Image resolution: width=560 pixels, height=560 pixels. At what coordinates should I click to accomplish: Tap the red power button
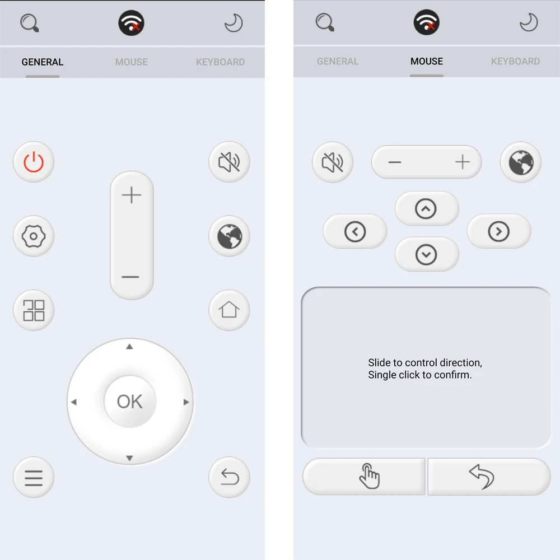34,162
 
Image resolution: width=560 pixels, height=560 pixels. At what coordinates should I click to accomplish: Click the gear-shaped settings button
34,236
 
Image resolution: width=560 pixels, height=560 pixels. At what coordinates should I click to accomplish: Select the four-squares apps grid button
34,310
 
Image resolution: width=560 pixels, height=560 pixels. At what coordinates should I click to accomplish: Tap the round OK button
130,401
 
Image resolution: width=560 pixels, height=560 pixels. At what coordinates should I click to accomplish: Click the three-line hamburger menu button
34,478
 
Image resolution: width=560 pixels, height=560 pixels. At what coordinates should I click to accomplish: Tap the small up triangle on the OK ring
129,347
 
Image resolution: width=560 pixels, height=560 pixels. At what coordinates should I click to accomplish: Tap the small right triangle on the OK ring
186,402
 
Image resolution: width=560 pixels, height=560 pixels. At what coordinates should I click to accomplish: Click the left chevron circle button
355,231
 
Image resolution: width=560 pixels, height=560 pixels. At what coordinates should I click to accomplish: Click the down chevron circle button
426,255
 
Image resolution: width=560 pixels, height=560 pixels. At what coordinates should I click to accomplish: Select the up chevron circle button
426,209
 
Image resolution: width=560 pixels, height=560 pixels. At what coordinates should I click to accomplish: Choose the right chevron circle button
498,231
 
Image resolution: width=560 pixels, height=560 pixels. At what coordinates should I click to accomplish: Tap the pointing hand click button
368,477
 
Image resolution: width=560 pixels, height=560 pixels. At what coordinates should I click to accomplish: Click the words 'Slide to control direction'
425,362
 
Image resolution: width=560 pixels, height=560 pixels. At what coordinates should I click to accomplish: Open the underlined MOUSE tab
427,62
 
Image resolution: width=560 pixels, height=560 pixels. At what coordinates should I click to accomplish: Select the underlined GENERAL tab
43,62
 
